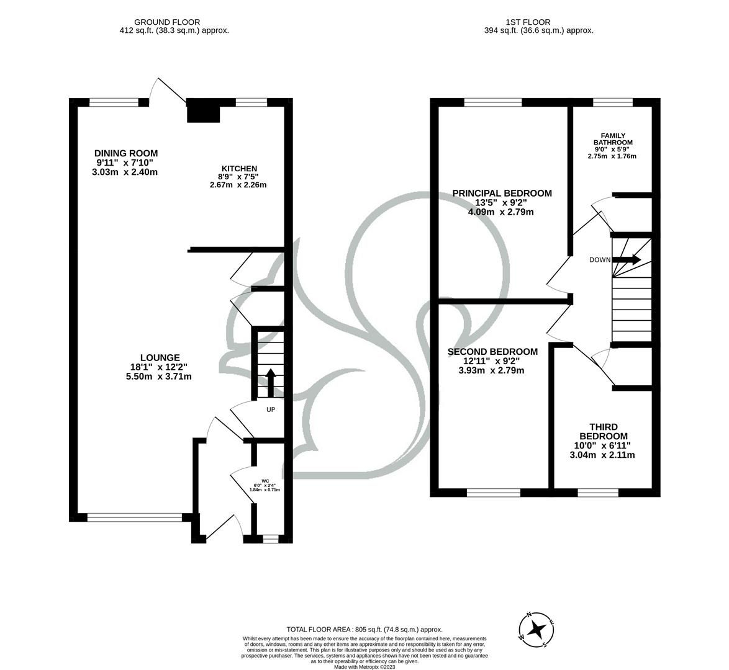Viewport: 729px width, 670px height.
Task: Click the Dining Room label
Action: point(126,153)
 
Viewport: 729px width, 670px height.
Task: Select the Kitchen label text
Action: point(239,169)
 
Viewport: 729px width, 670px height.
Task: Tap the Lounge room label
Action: point(160,358)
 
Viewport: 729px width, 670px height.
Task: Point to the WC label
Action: point(265,481)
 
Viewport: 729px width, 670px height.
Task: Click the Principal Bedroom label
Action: point(502,194)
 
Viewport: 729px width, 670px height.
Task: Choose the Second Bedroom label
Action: point(492,352)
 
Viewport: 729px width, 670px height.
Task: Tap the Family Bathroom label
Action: point(612,139)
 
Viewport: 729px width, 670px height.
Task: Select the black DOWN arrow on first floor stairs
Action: point(626,260)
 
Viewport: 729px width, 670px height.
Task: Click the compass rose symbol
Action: point(537,630)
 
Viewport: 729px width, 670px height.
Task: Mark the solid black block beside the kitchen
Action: point(203,111)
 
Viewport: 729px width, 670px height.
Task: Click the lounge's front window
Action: point(135,517)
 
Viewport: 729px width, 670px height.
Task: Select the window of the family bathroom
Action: point(612,102)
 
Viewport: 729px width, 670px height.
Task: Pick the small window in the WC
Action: point(270,539)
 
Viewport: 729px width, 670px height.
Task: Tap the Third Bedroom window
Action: point(597,493)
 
